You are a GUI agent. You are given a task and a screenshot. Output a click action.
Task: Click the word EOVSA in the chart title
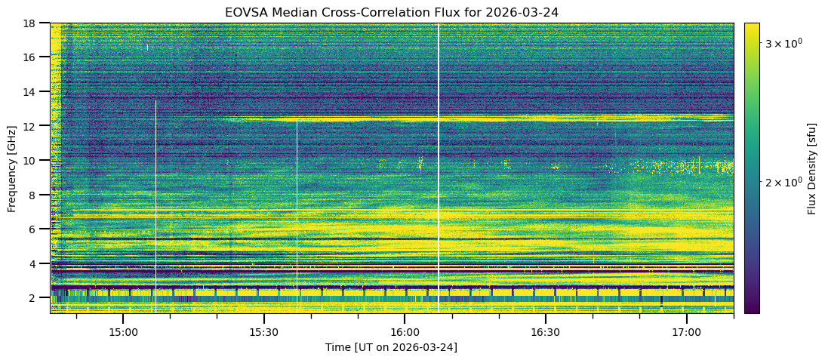click(x=244, y=12)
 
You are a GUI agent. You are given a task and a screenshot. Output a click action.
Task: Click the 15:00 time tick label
click(x=123, y=332)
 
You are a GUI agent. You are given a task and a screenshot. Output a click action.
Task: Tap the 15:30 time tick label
click(x=263, y=332)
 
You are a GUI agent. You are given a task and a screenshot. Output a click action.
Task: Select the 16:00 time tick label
click(x=405, y=332)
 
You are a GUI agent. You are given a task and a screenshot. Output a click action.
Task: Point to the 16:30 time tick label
click(x=545, y=332)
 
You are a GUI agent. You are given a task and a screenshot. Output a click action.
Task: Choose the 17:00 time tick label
click(x=686, y=332)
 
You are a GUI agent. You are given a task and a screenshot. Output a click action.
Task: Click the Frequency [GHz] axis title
click(x=12, y=168)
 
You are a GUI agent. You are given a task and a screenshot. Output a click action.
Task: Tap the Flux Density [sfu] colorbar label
click(x=812, y=168)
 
